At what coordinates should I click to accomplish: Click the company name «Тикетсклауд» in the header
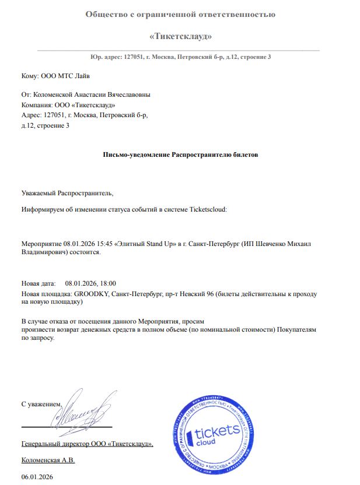180,37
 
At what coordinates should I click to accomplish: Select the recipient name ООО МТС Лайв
65,76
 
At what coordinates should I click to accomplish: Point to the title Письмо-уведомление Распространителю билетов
180,155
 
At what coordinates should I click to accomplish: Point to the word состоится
86,253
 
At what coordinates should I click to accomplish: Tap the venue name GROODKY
92,294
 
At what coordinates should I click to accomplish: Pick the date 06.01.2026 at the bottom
37,477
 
